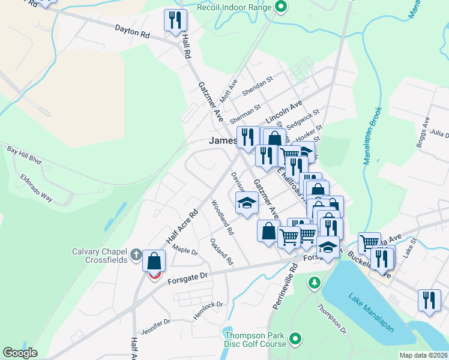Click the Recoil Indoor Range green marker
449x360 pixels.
click(x=280, y=8)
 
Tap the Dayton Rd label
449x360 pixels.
click(x=131, y=31)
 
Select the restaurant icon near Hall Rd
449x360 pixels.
click(x=175, y=20)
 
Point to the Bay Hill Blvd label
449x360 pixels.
click(x=24, y=155)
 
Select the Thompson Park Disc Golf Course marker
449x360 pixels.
click(x=295, y=340)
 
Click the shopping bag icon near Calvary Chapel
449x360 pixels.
click(x=154, y=262)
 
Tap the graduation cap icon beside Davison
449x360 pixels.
click(x=246, y=203)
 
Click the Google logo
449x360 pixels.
click(x=20, y=353)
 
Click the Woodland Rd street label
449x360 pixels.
click(x=222, y=217)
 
